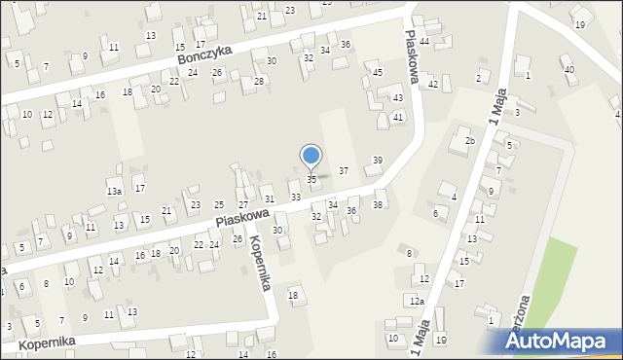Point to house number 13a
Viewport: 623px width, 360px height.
click(114, 192)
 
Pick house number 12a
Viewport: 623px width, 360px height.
click(417, 302)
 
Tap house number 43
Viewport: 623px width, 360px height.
click(397, 98)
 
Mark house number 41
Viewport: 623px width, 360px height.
click(398, 117)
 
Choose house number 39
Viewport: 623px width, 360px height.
click(378, 160)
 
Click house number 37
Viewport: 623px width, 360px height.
click(343, 170)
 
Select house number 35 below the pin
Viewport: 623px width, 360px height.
click(311, 180)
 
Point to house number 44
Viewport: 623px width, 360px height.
click(424, 42)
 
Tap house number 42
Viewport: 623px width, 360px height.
click(433, 85)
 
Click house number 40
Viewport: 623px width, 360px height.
click(568, 69)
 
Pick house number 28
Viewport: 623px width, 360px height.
click(259, 81)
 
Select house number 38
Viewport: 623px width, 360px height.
click(378, 204)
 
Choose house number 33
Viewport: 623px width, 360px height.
click(295, 197)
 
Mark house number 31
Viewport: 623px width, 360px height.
click(270, 199)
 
